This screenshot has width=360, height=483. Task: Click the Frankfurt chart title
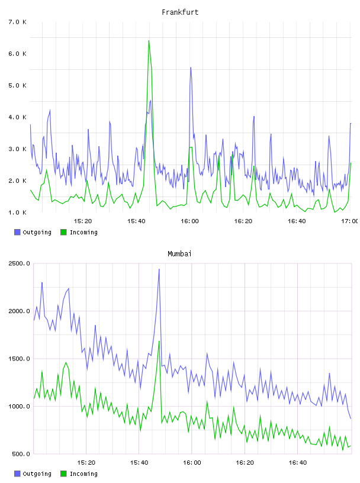[180, 12]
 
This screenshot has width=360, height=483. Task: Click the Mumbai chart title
[179, 254]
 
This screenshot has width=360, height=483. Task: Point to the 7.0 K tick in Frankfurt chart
[18, 22]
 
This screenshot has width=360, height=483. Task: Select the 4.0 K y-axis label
[18, 117]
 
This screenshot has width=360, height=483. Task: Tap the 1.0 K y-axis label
[18, 212]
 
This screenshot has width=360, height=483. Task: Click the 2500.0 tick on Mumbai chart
[19, 263]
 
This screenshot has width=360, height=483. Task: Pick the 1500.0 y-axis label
[19, 359]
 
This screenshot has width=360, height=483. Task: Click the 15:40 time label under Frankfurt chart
[136, 221]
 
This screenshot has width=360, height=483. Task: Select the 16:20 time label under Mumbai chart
[245, 462]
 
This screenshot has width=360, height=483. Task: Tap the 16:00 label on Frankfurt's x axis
[189, 221]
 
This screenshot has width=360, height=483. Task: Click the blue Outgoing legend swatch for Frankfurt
[17, 232]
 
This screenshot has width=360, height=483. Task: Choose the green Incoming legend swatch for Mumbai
[63, 474]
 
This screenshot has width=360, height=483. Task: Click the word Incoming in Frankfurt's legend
[83, 232]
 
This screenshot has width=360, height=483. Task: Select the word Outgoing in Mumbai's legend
[37, 474]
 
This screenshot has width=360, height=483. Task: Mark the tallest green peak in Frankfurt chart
[149, 41]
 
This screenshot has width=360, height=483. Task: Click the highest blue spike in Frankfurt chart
[191, 67]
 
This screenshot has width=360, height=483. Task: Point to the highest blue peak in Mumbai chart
[159, 269]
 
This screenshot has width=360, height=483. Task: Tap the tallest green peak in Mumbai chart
[159, 341]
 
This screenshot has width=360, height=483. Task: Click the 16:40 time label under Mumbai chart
[297, 462]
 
